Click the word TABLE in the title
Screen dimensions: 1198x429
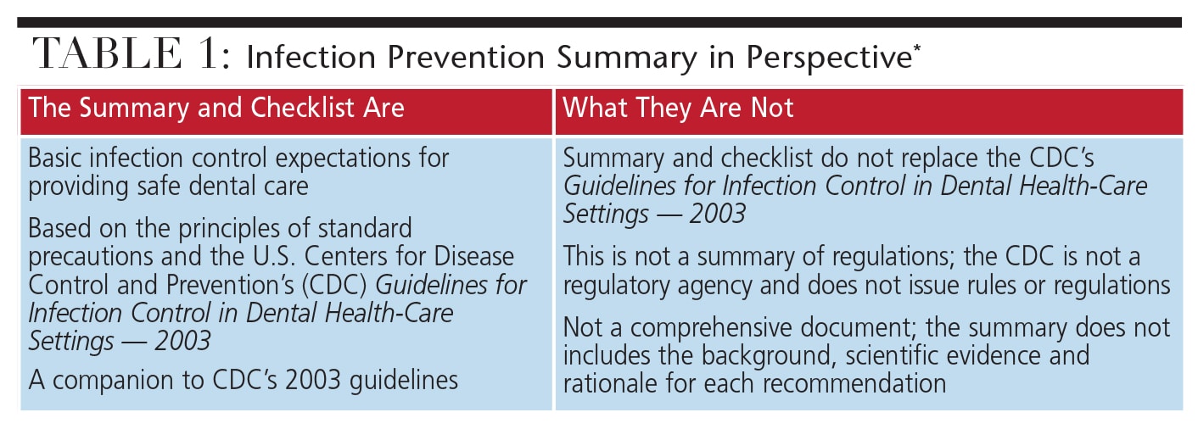tap(108, 53)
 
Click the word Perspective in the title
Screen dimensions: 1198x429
tap(829, 58)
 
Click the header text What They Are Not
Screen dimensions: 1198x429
tap(678, 108)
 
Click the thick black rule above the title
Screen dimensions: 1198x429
tap(599, 22)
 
